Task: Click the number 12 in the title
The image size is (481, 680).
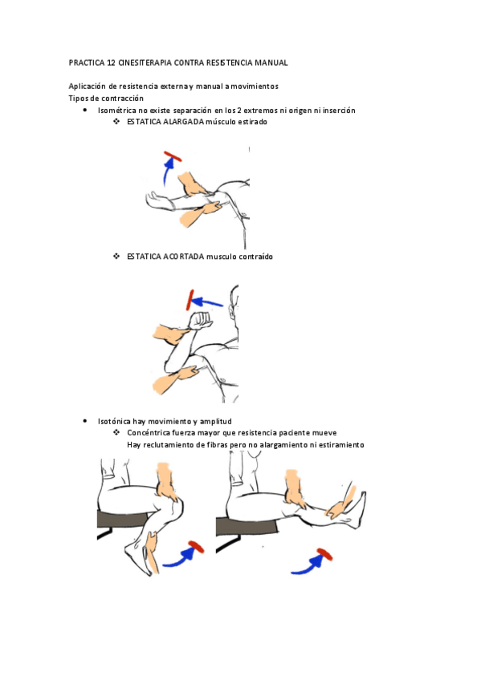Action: (111, 63)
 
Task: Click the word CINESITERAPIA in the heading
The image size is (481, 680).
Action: (145, 63)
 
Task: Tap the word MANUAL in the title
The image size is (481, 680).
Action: (271, 63)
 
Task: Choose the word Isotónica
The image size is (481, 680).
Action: (114, 422)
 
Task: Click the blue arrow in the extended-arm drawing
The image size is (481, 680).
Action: (168, 172)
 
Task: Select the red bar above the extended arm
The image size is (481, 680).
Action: (173, 156)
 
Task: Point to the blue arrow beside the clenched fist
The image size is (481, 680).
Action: (207, 302)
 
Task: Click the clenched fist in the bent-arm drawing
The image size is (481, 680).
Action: (201, 321)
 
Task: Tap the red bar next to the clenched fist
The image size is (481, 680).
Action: (190, 300)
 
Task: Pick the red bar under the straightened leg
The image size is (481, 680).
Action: (324, 554)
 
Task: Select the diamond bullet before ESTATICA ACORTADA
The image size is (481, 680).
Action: (116, 257)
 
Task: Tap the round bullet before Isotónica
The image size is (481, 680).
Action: (84, 421)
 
